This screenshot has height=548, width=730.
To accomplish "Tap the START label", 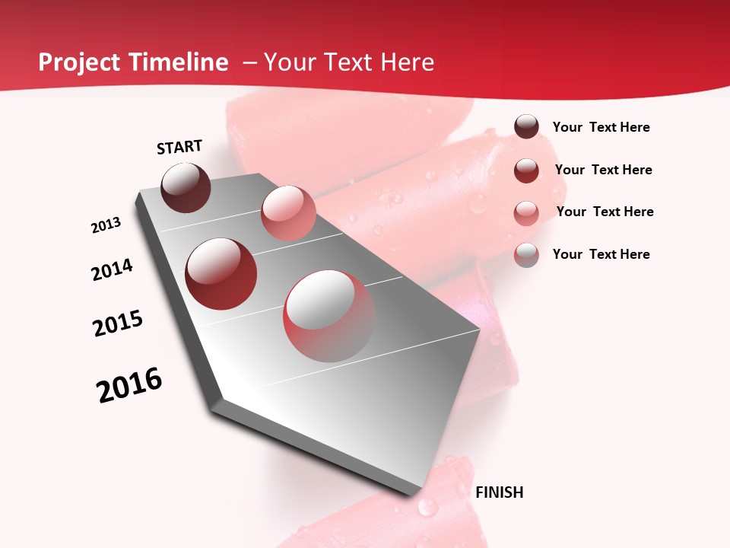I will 179,147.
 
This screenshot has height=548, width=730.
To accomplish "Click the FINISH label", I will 499,492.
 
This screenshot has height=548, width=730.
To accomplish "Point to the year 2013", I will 106,225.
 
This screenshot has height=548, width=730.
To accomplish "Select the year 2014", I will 112,269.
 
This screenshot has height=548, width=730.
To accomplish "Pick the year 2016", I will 129,385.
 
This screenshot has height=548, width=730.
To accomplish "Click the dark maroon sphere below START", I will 186,187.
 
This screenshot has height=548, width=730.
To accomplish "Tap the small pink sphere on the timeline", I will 288,213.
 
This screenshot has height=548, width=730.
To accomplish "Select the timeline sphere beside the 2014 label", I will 221,274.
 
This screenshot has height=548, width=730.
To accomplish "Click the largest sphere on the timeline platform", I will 329,316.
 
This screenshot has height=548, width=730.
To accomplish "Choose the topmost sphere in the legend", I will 526,127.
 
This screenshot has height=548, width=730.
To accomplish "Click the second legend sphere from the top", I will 526,170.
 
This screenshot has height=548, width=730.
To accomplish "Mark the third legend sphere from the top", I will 526,212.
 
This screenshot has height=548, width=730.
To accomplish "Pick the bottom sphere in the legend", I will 526,255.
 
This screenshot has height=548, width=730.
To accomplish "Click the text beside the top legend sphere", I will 601,127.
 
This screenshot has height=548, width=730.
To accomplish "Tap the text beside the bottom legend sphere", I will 601,254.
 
